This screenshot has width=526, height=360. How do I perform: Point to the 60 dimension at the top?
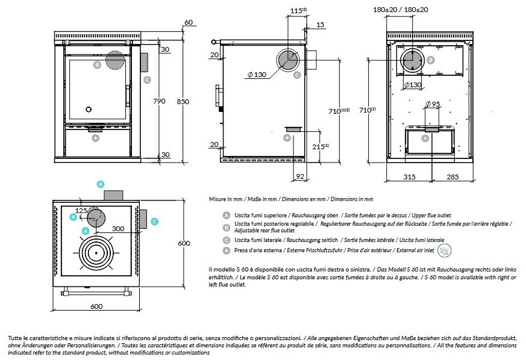[x=189, y=22]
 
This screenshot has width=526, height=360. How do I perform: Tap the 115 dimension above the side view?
[x=295, y=10]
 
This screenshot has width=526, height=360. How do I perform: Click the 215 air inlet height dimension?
[x=321, y=146]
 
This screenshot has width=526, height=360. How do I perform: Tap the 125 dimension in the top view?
[x=81, y=210]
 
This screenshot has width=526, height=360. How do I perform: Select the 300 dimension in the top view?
[x=118, y=229]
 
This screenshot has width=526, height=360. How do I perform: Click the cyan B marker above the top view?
[x=101, y=184]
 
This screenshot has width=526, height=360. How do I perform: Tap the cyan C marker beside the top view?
[x=154, y=222]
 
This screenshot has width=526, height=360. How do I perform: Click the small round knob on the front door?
[x=89, y=110]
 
